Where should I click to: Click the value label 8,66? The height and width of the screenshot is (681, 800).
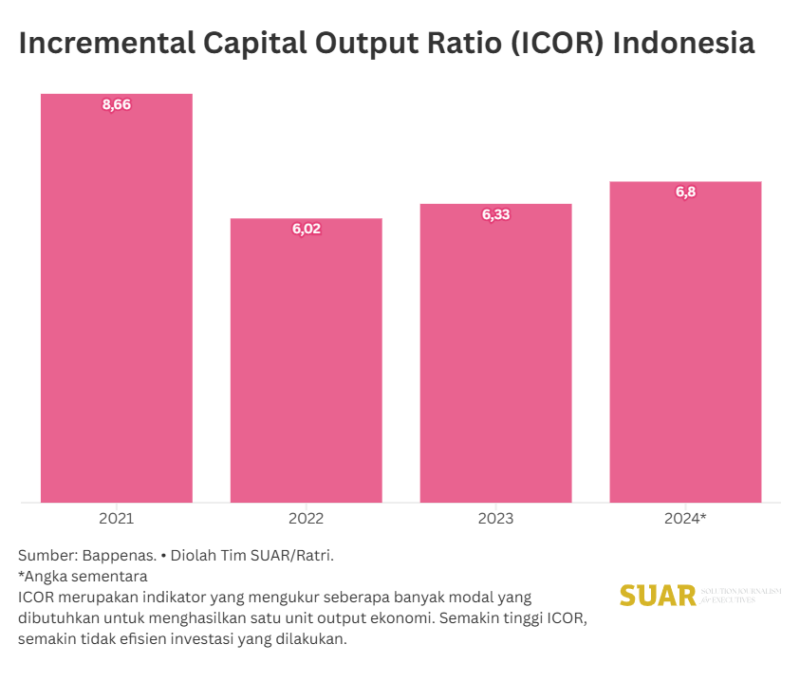pyautogui.click(x=116, y=104)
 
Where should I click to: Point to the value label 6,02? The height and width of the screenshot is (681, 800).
pyautogui.click(x=306, y=229)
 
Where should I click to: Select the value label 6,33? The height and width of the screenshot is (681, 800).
pyautogui.click(x=495, y=214)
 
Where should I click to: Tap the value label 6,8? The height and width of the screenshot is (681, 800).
pyautogui.click(x=685, y=192)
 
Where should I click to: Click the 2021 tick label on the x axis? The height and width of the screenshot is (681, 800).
pyautogui.click(x=116, y=519)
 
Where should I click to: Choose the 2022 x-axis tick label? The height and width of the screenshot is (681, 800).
pyautogui.click(x=306, y=519)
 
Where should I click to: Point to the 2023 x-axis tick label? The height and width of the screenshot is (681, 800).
pyautogui.click(x=495, y=519)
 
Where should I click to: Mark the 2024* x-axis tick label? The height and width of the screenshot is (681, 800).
pyautogui.click(x=685, y=519)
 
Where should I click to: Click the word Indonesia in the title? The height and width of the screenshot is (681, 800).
pyautogui.click(x=684, y=45)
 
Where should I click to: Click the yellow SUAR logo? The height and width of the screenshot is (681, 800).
pyautogui.click(x=658, y=596)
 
